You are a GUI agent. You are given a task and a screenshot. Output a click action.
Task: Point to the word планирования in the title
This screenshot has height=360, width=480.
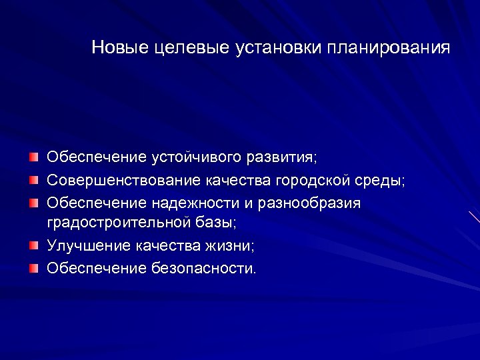(389, 48)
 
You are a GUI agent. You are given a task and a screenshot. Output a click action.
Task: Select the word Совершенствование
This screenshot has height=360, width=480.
(123, 180)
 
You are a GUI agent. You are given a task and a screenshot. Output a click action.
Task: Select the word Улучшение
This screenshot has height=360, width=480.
(89, 245)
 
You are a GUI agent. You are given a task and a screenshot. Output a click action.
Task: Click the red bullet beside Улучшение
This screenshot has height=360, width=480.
(34, 245)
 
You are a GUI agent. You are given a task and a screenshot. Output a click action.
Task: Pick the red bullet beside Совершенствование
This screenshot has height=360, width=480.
(34, 179)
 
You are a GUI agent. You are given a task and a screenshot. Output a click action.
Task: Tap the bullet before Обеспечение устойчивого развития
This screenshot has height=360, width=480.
(34, 157)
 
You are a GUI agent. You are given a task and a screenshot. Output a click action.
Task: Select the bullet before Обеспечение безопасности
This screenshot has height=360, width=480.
(34, 267)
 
